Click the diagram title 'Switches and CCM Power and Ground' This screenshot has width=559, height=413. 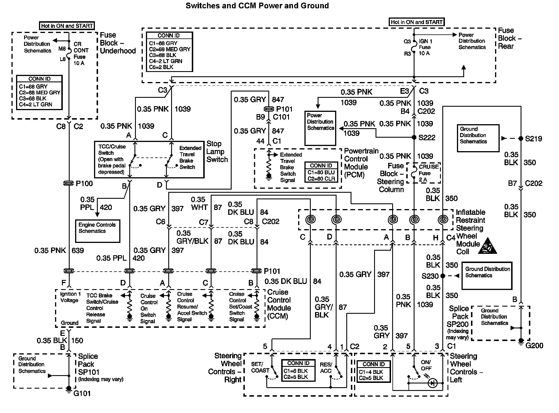click(257, 6)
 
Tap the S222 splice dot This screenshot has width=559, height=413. click(414, 138)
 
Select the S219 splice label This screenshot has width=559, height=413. click(533, 139)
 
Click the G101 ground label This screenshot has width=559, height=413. click(82, 393)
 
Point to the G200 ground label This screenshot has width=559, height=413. click(534, 346)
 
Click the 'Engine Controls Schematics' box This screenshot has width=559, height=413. click(97, 231)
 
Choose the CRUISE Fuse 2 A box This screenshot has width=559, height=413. click(427, 173)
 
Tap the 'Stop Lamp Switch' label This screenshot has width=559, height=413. click(217, 152)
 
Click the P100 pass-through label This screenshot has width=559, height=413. click(84, 184)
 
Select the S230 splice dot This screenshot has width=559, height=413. click(443, 276)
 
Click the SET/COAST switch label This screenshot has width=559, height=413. click(260, 367)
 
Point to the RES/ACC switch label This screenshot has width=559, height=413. click(326, 368)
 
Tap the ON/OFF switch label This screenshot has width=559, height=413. click(426, 365)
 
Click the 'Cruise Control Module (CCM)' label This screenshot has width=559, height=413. click(279, 304)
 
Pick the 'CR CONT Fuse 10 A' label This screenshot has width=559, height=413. click(81, 54)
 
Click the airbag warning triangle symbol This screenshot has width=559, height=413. click(487, 246)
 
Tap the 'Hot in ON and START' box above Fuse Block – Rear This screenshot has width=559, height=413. click(417, 22)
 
